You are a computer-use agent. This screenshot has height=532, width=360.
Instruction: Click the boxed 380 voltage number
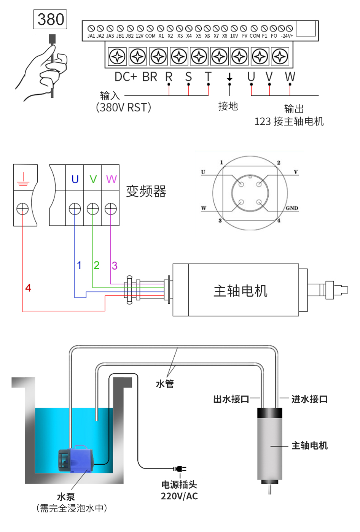(x=50, y=19)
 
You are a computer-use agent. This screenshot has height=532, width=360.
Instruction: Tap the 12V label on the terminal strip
(x=140, y=36)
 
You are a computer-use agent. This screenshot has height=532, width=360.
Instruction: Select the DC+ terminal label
(x=125, y=77)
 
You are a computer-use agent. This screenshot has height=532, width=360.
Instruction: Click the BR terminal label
(x=150, y=77)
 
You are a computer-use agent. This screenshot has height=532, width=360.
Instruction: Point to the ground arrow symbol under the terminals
(x=229, y=77)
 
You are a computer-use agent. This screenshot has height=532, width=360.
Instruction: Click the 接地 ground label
(x=228, y=106)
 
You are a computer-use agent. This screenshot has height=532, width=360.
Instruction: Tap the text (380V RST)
(x=123, y=108)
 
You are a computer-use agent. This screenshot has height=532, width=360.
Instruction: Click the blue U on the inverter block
(x=75, y=179)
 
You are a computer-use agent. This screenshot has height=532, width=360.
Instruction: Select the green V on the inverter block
(x=93, y=179)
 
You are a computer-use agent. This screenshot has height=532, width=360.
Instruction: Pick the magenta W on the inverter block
(x=111, y=179)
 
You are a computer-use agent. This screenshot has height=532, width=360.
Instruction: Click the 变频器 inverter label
(x=146, y=191)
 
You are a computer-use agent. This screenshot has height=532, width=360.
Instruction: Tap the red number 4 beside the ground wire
(x=28, y=288)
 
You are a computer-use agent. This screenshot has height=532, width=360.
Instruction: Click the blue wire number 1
(x=79, y=265)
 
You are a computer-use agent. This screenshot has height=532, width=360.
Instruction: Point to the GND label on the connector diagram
(x=292, y=208)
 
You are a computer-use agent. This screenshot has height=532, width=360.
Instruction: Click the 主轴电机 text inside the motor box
(x=241, y=291)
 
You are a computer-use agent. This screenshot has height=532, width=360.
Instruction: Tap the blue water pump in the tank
(x=76, y=459)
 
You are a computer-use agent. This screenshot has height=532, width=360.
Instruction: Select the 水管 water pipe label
(x=165, y=384)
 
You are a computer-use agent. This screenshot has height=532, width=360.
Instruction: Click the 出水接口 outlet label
(x=231, y=399)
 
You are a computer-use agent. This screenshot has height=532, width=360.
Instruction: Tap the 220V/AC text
(x=179, y=496)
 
